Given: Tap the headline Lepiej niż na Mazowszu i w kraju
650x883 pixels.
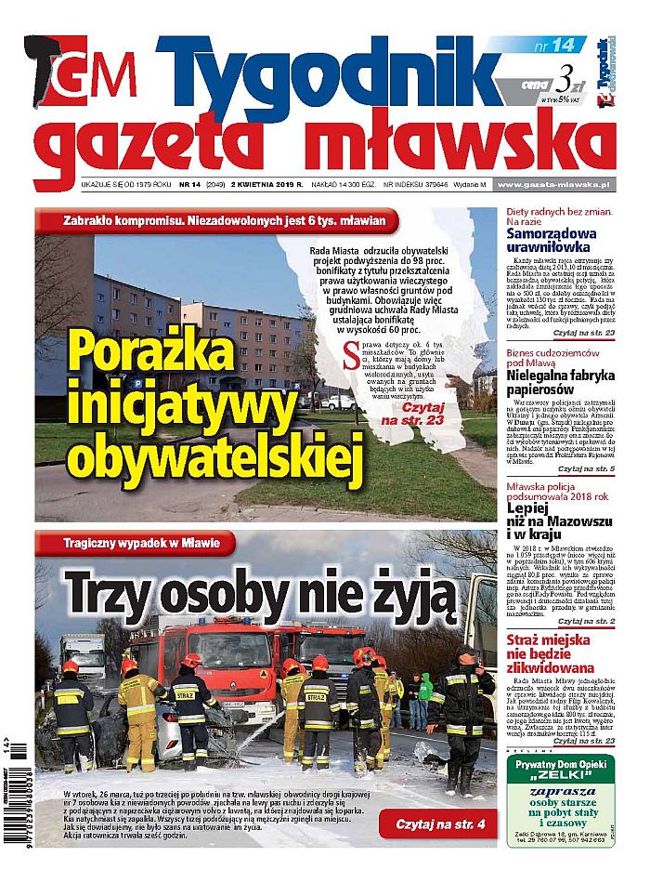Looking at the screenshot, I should point(557,521).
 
